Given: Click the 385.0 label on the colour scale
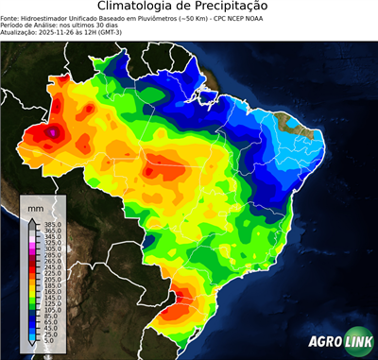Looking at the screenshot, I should [x=53, y=224].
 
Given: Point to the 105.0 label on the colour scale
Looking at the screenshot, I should [x=53, y=309].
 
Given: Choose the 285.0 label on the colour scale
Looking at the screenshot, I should [x=53, y=254].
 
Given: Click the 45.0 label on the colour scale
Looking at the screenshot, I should [x=51, y=327].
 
